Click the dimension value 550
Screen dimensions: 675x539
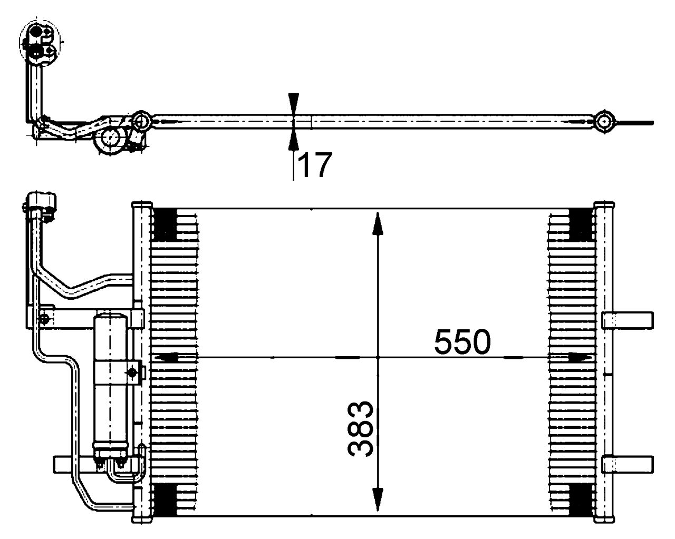coord(462,342)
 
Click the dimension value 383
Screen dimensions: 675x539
coord(361,429)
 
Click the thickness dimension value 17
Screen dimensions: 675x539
coord(315,165)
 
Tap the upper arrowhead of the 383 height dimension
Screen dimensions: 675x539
coord(378,223)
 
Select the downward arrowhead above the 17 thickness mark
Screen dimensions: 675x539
coord(293,102)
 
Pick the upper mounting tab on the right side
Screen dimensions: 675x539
coord(628,320)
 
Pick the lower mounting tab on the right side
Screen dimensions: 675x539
coord(628,464)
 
